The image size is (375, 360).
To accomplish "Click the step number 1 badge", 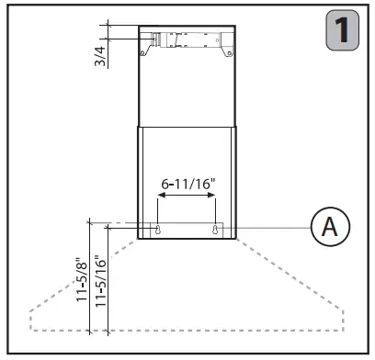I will [x=343, y=31].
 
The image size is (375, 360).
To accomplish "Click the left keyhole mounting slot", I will [x=159, y=231].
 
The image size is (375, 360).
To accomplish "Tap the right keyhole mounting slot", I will [x=215, y=231].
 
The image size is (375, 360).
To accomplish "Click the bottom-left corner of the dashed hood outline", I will [x=31, y=330].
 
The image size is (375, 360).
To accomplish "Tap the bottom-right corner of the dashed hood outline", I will [x=343, y=330].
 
